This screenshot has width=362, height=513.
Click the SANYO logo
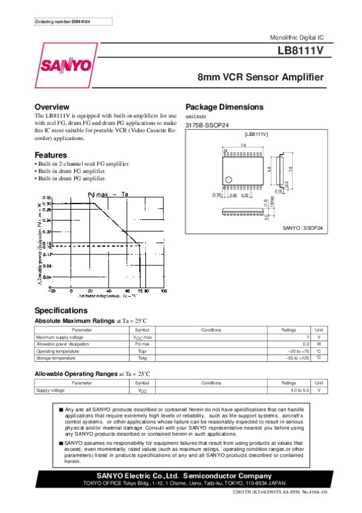point(66,65)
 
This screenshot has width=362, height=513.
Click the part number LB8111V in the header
point(302,52)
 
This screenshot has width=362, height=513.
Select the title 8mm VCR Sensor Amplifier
point(261,78)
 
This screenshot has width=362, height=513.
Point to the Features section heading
point(51,155)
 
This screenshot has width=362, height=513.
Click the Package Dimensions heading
point(224,107)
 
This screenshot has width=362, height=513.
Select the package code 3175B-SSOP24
point(207,125)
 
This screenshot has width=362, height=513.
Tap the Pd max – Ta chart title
point(108,194)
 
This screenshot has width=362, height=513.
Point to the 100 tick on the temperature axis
point(164,291)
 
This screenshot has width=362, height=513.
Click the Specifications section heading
point(61,310)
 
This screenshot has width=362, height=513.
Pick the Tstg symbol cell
point(142,358)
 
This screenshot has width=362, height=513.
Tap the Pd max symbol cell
point(142,343)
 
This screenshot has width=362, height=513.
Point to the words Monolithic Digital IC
point(299,38)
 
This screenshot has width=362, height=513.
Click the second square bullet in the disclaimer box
point(61,443)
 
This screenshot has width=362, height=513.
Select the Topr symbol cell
point(142,350)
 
